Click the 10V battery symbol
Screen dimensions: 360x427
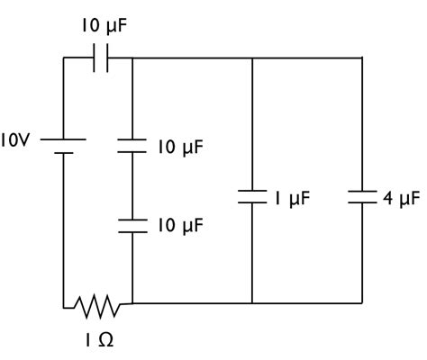[x=64, y=146]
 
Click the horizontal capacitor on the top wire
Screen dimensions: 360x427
[x=102, y=58]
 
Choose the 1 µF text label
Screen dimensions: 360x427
[x=294, y=197]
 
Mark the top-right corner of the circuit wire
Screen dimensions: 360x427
[x=362, y=58]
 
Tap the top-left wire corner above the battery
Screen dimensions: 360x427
[x=64, y=58]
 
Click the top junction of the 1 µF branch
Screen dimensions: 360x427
[x=251, y=58]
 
